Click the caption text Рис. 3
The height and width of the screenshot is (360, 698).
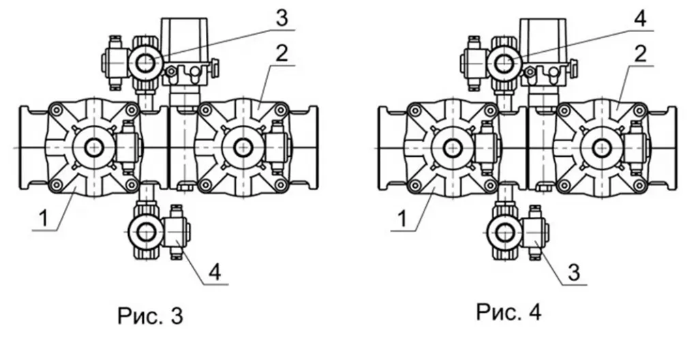point(151,316)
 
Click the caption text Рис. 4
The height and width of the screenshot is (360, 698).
point(509,312)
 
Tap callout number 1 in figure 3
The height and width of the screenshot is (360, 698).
point(43,219)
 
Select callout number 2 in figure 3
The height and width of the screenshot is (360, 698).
point(282,53)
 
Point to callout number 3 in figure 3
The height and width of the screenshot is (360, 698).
point(282,18)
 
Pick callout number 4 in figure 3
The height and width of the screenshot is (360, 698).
point(215,272)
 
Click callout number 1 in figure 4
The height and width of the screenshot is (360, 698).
point(402,219)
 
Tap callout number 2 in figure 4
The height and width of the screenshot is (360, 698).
point(640,53)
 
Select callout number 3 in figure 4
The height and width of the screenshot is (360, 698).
point(574,272)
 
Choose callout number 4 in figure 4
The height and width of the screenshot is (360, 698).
point(640,18)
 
